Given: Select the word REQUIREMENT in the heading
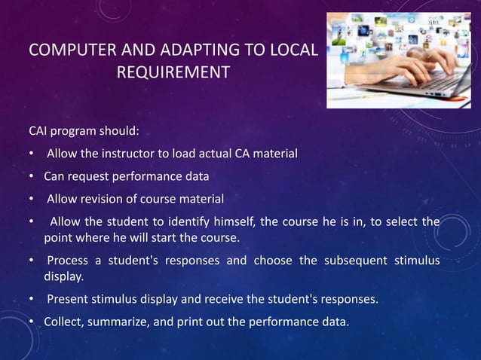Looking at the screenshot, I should [173, 74].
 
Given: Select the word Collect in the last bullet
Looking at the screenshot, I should [63, 323].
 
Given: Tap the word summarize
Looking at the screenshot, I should [122, 323].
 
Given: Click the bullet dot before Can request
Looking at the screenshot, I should [32, 177].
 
